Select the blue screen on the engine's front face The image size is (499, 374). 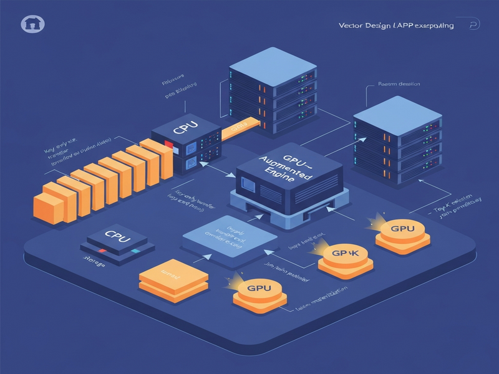pos(248,185)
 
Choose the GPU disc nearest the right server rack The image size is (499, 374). pos(402,231)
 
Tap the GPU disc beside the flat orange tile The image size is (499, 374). pos(259,290)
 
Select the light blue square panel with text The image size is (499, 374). pos(228,241)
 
